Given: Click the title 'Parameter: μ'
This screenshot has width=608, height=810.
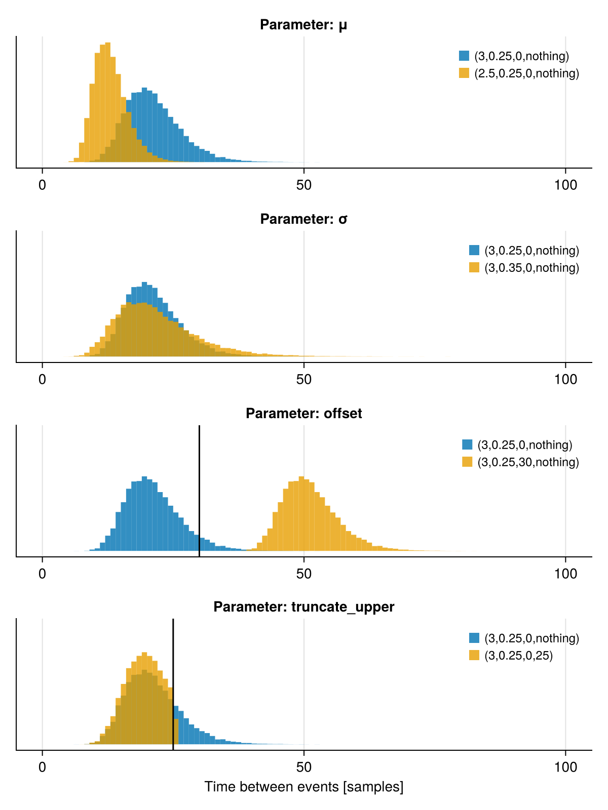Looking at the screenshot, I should [x=303, y=25].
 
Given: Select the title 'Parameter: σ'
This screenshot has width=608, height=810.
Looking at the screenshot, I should [x=303, y=219].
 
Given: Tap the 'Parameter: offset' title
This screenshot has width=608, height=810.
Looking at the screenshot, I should [x=303, y=414].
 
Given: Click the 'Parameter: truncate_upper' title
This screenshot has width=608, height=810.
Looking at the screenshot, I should [x=303, y=606].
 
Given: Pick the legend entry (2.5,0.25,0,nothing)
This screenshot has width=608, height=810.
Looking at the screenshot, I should [x=526, y=73].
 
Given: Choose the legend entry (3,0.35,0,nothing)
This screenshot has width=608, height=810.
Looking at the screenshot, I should [x=531, y=268].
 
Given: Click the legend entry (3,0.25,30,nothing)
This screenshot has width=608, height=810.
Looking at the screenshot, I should [x=528, y=462].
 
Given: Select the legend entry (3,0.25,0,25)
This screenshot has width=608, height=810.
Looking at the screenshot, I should [x=518, y=656].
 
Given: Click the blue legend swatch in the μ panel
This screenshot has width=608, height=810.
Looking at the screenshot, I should [x=464, y=56].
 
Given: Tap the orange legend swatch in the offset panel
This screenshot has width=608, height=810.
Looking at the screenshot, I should [x=467, y=462].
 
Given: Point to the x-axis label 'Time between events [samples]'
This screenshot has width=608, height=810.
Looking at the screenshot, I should [x=303, y=787].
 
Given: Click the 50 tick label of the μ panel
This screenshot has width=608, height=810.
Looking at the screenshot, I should [x=303, y=185].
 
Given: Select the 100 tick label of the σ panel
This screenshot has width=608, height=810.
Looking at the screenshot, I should [x=565, y=380].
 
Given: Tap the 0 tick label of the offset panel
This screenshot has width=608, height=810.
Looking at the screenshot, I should [x=43, y=574].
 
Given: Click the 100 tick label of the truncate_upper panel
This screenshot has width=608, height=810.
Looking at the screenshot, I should [x=565, y=767].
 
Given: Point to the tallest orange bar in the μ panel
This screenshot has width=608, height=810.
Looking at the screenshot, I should [x=108, y=101].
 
